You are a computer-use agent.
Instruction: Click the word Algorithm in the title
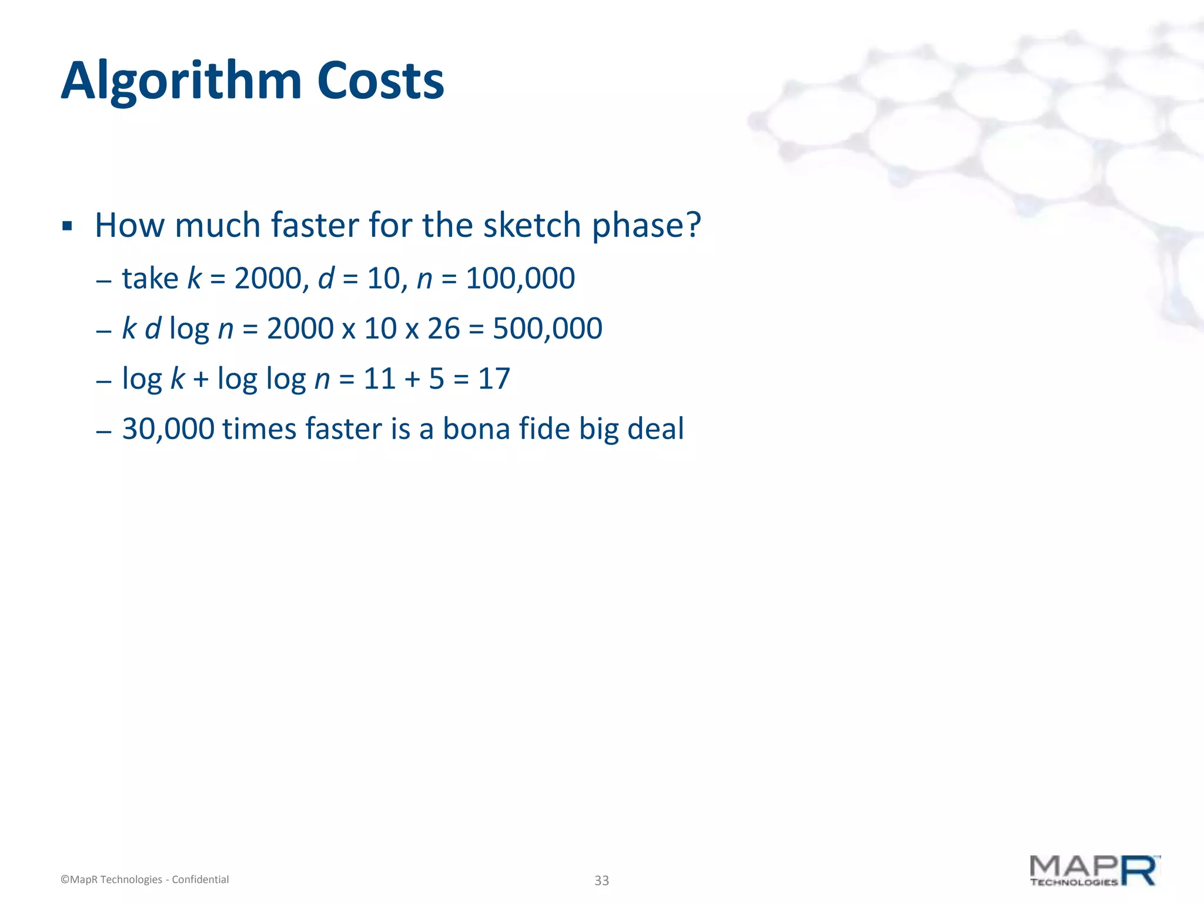click(x=181, y=81)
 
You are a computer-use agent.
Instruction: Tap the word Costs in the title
click(x=380, y=81)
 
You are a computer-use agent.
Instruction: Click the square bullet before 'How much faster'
click(x=67, y=226)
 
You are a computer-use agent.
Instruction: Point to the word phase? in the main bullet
click(x=647, y=225)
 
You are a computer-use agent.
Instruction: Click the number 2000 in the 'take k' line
click(x=267, y=278)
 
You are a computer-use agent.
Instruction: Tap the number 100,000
click(x=520, y=278)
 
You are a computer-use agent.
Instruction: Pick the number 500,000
click(x=547, y=328)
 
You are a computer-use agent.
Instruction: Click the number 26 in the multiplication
click(x=443, y=328)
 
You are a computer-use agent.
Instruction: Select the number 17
click(x=494, y=378)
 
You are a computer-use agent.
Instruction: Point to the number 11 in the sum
click(x=379, y=378)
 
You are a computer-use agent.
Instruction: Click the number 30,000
click(x=168, y=429)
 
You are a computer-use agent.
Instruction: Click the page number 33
click(x=601, y=880)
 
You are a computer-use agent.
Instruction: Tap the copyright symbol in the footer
click(x=65, y=880)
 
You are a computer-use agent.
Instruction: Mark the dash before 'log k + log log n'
click(x=103, y=381)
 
